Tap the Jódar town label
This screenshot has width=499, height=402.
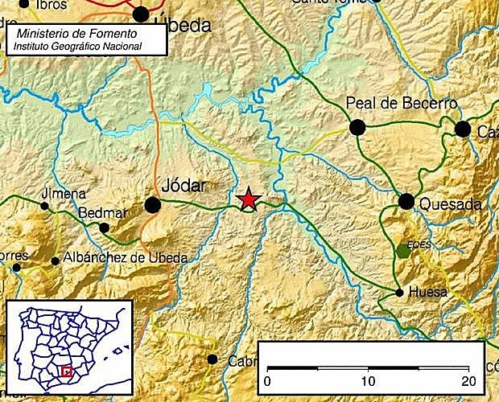(184, 186)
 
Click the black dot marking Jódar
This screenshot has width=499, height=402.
(152, 205)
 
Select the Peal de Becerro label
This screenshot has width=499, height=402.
(401, 104)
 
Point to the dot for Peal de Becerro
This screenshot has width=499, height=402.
(357, 126)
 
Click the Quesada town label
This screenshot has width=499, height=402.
(450, 204)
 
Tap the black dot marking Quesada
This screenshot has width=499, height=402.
(406, 201)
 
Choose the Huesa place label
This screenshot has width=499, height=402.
(427, 293)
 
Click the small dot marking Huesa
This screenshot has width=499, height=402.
(400, 293)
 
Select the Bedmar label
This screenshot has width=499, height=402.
(103, 213)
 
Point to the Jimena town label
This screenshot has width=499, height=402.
(64, 194)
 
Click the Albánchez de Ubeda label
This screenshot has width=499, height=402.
(125, 258)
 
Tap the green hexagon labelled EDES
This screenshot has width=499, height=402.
(403, 251)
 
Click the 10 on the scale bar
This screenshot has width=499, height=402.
(368, 380)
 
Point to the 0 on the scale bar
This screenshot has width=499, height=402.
(267, 380)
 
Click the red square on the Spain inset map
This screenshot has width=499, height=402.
(67, 371)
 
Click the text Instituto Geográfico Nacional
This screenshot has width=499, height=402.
(77, 47)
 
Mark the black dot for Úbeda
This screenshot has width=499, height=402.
(141, 14)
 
